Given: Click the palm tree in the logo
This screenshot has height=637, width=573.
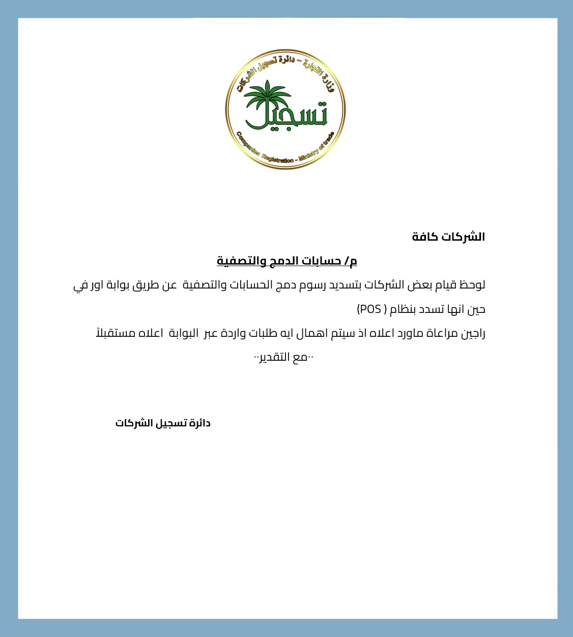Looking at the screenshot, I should point(267,99).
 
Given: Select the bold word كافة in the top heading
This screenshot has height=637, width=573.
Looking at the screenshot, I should point(425,237).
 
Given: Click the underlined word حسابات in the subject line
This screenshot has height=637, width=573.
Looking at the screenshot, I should point(324,261).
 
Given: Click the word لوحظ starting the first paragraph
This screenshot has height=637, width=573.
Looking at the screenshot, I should point(472,285).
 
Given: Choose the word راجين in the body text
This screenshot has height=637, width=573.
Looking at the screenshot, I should point(473,334).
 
